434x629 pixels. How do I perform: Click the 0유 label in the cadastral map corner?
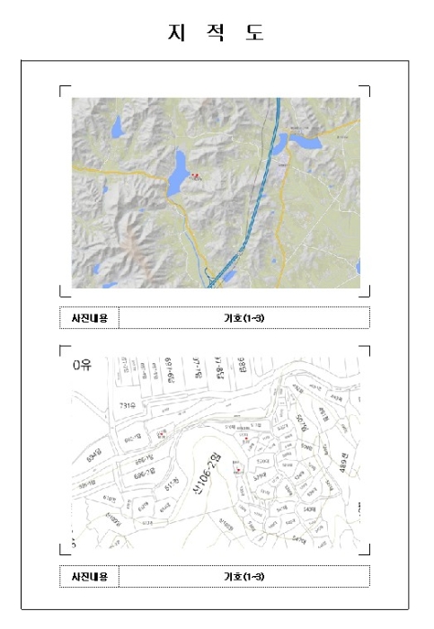pyautogui.click(x=84, y=366)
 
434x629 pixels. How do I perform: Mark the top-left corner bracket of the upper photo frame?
pyautogui.click(x=62, y=88)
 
